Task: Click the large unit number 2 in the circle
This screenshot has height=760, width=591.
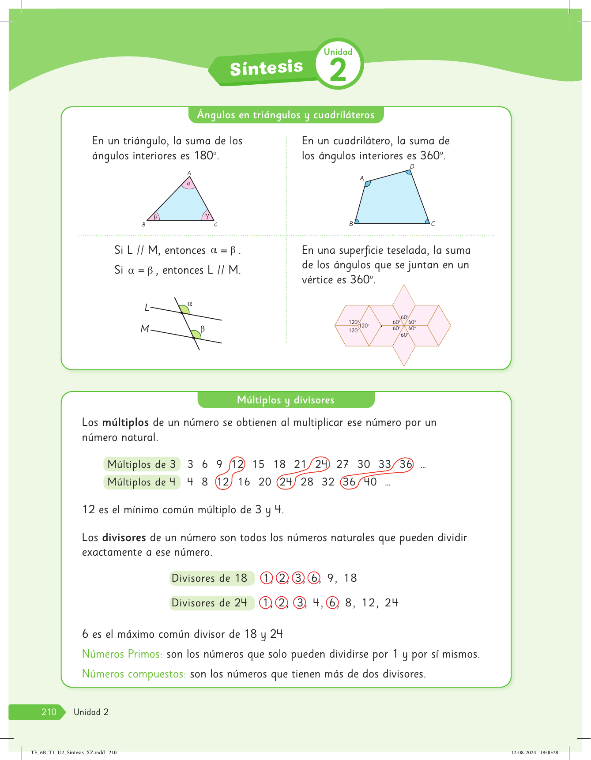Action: [338, 71]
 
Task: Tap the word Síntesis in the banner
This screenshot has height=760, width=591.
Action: [266, 68]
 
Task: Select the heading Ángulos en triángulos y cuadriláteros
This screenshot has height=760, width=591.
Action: [286, 115]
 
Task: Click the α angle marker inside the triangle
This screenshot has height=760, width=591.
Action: [188, 184]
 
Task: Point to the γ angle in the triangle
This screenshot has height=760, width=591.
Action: [207, 216]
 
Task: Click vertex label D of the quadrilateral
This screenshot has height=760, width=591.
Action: [412, 166]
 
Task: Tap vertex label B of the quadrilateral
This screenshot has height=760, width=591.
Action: [351, 224]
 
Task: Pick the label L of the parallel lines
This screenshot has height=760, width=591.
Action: [147, 307]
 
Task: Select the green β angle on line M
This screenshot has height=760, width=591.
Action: [197, 333]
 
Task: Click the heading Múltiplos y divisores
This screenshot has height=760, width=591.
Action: [286, 400]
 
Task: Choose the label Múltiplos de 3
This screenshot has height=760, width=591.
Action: [142, 464]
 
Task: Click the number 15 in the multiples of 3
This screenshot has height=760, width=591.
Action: [258, 464]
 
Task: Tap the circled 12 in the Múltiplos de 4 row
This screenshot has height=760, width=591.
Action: [223, 482]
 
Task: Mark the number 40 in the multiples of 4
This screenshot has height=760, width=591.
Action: [370, 482]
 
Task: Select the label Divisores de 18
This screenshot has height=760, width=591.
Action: [209, 578]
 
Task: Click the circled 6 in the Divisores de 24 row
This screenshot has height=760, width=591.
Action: [332, 603]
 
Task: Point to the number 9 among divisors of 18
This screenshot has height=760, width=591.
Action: [331, 578]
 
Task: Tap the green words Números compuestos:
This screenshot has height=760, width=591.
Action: [134, 674]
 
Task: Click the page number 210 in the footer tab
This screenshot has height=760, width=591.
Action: [49, 712]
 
